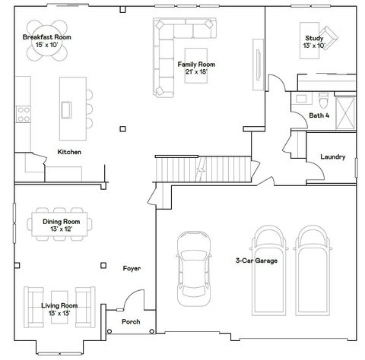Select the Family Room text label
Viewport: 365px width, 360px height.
[x=196, y=65]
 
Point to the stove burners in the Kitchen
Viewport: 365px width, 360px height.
[x=23, y=113]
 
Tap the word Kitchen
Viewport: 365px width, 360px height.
[x=69, y=152]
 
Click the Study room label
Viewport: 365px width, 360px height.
[x=313, y=38]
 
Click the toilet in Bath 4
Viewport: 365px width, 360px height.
[x=322, y=100]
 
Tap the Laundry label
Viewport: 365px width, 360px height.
[x=333, y=157]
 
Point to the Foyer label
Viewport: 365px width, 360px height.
[x=132, y=269]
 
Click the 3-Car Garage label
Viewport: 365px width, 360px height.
[x=256, y=261]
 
